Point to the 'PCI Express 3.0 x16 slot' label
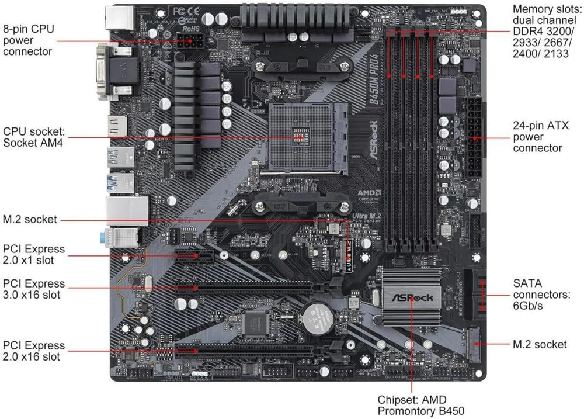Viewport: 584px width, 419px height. [x=33, y=289]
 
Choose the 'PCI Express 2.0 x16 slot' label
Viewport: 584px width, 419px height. [x=33, y=351]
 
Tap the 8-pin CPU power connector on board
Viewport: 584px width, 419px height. [x=190, y=41]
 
